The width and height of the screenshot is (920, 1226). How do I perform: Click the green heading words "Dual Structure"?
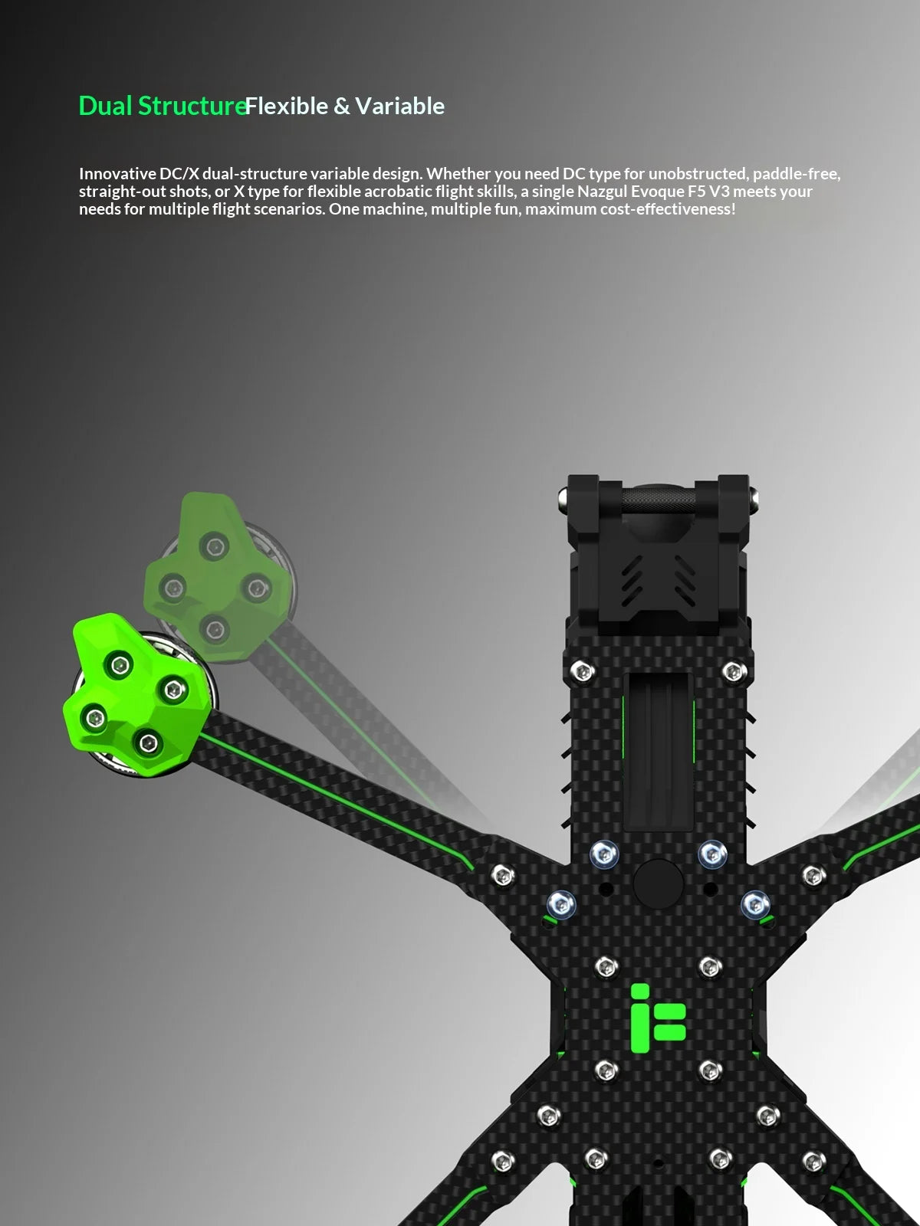pyautogui.click(x=163, y=106)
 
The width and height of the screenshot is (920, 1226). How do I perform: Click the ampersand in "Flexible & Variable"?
pyautogui.click(x=341, y=106)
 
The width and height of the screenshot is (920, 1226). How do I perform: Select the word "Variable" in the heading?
pyautogui.click(x=400, y=106)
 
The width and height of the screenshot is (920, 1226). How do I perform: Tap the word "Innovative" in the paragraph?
pyautogui.click(x=117, y=174)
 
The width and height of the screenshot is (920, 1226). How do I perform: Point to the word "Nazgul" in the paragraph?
pyautogui.click(x=602, y=192)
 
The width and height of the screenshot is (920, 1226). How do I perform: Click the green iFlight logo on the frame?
pyautogui.click(x=658, y=1018)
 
